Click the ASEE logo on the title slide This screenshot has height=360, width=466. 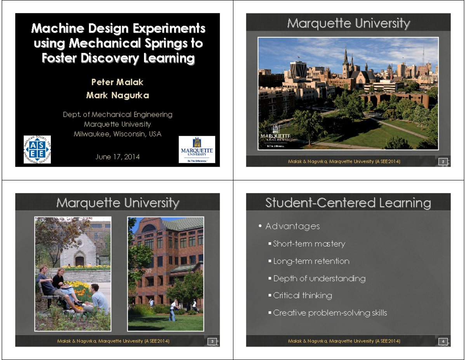pyautogui.click(x=37, y=150)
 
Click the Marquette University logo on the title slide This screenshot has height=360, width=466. pyautogui.click(x=197, y=150)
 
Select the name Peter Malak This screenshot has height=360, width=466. pyautogui.click(x=117, y=82)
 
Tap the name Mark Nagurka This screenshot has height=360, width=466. pyautogui.click(x=117, y=95)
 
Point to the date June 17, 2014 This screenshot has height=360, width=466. pyautogui.click(x=117, y=157)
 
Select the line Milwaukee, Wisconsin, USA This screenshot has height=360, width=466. pyautogui.click(x=117, y=134)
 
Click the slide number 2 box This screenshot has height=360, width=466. pyautogui.click(x=443, y=162)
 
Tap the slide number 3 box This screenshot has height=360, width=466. pyautogui.click(x=212, y=341)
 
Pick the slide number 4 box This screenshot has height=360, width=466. pyautogui.click(x=443, y=341)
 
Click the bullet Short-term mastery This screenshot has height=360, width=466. pyautogui.click(x=309, y=244)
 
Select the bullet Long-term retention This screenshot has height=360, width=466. pyautogui.click(x=311, y=261)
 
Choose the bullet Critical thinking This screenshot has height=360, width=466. pyautogui.click(x=303, y=296)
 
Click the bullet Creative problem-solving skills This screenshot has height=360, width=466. pyautogui.click(x=330, y=313)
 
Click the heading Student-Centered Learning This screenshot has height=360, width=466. pyautogui.click(x=348, y=203)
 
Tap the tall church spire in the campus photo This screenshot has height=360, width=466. pyautogui.click(x=345, y=58)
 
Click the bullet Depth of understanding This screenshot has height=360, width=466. pyautogui.click(x=319, y=278)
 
